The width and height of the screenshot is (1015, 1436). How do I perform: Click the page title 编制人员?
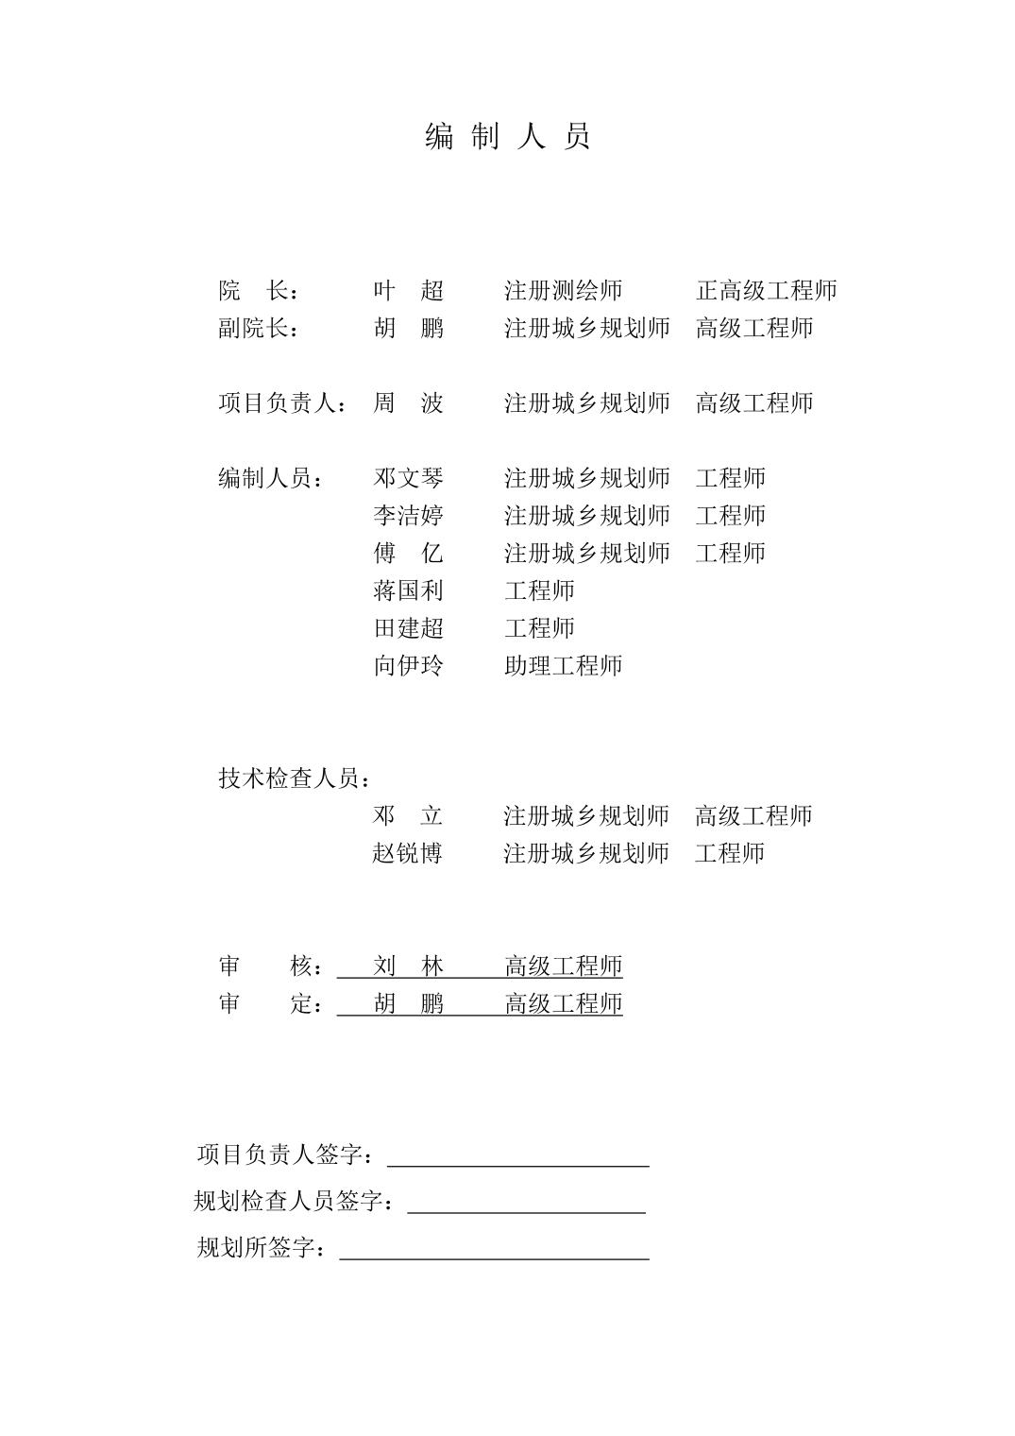coord(507,137)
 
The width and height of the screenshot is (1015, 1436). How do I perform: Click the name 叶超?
coord(408,290)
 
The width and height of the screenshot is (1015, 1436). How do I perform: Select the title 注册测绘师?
coord(563,290)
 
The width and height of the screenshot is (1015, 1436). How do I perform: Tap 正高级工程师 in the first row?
coord(766,290)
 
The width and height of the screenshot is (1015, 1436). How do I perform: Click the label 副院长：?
coord(259,328)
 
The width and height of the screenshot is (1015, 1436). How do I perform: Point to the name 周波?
coord(408,403)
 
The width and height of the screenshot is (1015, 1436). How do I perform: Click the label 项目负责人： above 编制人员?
coord(282,403)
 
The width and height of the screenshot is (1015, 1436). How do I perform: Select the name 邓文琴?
coord(408,478)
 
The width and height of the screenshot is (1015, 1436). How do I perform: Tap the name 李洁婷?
coord(408,516)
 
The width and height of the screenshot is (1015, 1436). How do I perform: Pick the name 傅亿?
coord(408,553)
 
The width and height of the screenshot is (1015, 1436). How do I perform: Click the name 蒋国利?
coord(408,590)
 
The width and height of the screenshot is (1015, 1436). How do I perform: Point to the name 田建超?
coord(408,628)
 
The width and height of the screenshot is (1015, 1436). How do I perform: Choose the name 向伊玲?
coord(408,666)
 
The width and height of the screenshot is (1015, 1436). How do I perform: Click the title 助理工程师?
coord(563,666)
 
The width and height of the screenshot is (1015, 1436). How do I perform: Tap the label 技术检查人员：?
coord(295,778)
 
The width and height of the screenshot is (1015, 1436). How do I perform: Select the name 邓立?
coord(408,815)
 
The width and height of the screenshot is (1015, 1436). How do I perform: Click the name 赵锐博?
coord(408,853)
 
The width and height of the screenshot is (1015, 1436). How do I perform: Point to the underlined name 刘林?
coord(408,966)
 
